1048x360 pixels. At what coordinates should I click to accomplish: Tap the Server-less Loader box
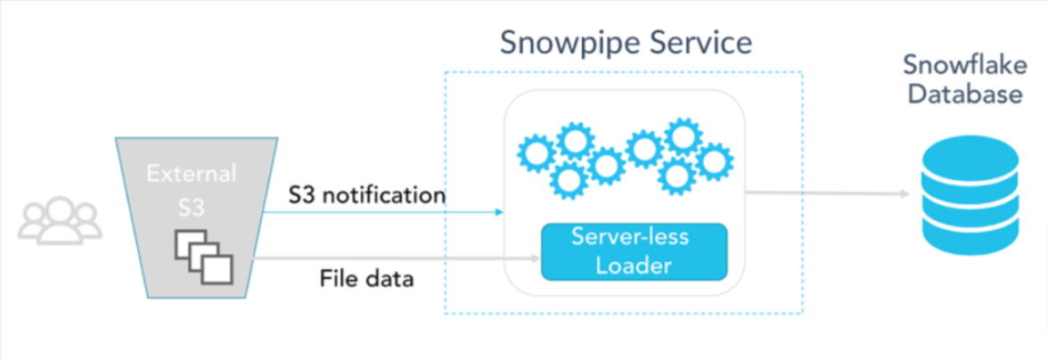pyautogui.click(x=635, y=252)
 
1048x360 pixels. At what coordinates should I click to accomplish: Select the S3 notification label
pyautogui.click(x=366, y=194)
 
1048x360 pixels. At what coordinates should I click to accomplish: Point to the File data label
pyautogui.click(x=366, y=279)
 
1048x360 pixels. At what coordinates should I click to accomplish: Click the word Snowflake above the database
pyautogui.click(x=961, y=67)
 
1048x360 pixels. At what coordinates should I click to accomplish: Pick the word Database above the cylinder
pyautogui.click(x=962, y=94)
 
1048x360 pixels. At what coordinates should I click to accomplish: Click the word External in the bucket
pyautogui.click(x=192, y=172)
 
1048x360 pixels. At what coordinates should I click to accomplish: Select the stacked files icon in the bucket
pyautogui.click(x=201, y=256)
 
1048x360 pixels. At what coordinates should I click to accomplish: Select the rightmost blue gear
pyautogui.click(x=714, y=162)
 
